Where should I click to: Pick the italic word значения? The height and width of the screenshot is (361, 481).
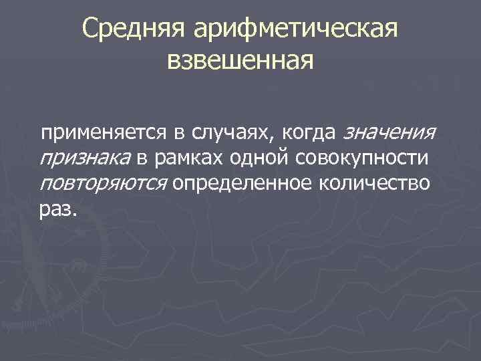pos(389,132)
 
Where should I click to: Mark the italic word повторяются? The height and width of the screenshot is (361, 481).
pos(104,184)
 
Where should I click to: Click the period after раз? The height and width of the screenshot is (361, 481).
pos(75,215)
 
